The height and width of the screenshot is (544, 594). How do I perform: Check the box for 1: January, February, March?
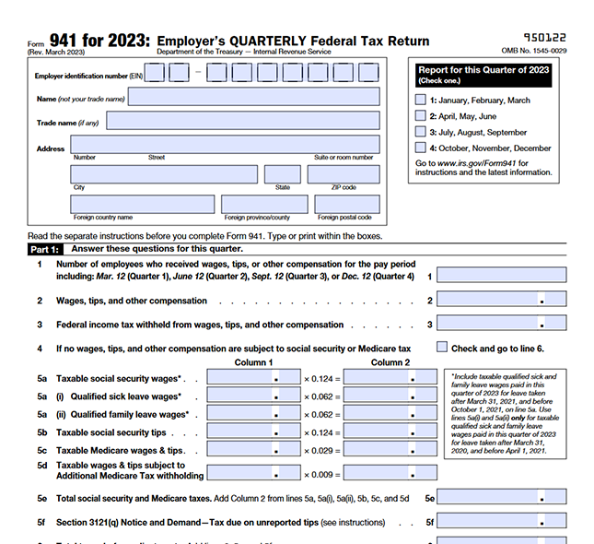421,100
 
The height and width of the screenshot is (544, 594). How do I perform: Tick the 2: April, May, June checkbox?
421,116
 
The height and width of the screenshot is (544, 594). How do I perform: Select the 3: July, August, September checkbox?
421,132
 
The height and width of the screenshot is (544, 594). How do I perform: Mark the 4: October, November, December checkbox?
421,148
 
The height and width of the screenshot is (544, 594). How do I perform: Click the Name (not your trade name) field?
253,97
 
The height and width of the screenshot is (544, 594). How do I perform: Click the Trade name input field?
242,121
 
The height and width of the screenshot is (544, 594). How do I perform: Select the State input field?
282,174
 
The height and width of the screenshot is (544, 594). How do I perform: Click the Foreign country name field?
142,204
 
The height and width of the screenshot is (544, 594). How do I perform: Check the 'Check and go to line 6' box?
442,348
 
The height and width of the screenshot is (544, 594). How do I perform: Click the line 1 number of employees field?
501,275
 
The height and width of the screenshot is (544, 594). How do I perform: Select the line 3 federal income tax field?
501,324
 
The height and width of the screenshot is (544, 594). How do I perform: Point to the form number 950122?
544,37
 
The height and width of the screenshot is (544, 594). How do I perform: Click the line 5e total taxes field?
501,498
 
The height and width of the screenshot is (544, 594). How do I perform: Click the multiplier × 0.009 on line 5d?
321,474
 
